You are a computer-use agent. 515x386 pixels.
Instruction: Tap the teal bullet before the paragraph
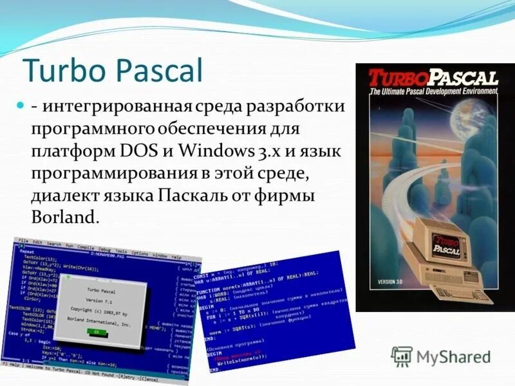pos(19,104)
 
